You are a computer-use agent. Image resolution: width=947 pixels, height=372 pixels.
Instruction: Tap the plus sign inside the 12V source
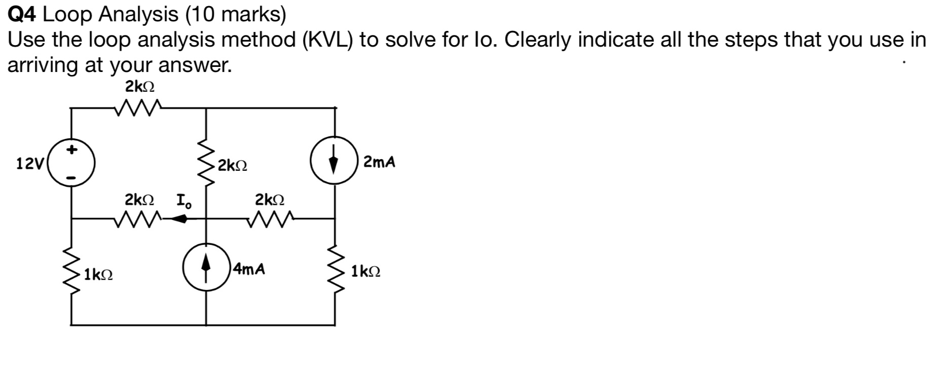coord(72,150)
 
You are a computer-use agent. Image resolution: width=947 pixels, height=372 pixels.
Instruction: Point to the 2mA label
coord(379,163)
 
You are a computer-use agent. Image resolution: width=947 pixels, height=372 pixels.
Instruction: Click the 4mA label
coord(249,269)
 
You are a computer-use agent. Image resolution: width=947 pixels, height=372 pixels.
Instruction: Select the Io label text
coord(184,201)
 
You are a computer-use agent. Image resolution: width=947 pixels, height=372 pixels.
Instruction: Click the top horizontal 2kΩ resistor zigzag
coord(138,107)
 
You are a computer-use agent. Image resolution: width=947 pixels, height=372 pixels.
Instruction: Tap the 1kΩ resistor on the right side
coord(334,271)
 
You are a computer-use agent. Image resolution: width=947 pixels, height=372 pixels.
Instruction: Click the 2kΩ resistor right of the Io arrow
coord(270,219)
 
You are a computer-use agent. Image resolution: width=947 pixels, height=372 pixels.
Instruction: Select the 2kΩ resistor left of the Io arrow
coord(138,219)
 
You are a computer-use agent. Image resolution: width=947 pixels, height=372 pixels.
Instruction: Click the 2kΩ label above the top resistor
coord(140,87)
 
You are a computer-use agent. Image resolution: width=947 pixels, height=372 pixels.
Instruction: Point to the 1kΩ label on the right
coord(366,272)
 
